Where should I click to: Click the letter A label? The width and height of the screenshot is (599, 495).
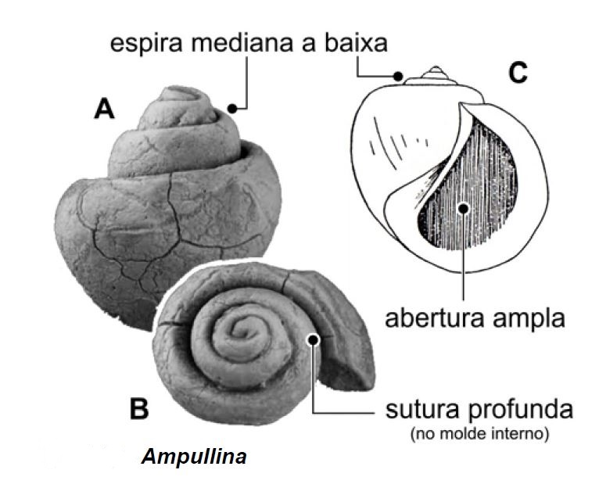click(104, 109)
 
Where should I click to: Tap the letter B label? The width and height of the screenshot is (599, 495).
click(138, 408)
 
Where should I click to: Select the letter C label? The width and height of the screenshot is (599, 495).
click(518, 74)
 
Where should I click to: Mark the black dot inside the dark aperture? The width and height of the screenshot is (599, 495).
click(464, 208)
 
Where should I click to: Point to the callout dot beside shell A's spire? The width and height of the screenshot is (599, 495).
click(231, 107)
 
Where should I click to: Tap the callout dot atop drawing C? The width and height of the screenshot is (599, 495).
click(399, 77)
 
